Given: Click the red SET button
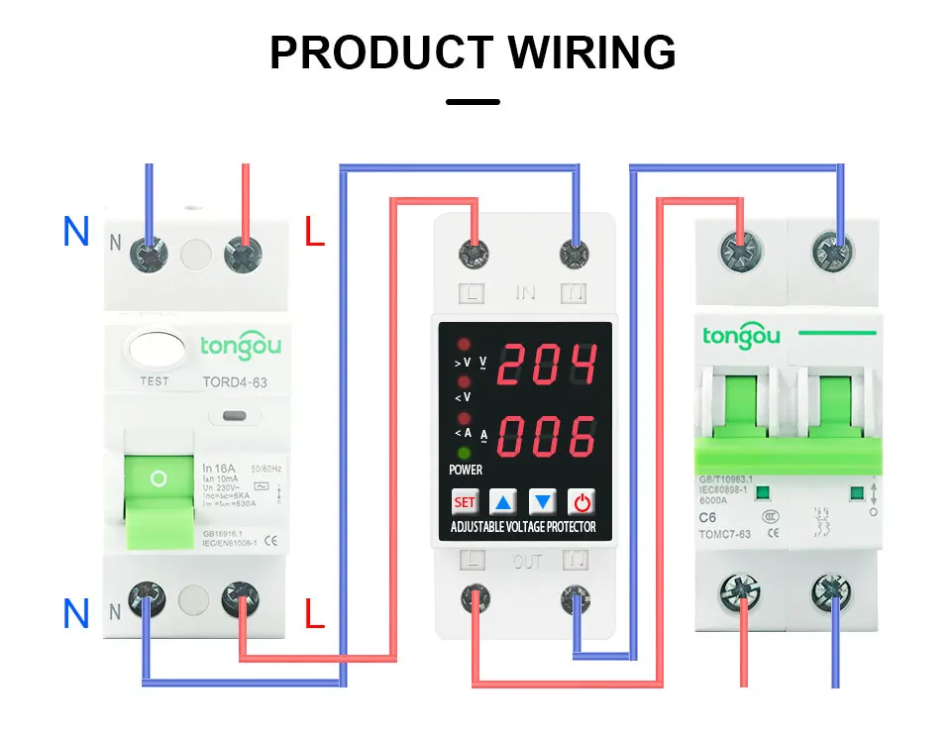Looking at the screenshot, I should pos(464,501).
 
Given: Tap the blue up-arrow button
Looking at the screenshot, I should pos(504,501).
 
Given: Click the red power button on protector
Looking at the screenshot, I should pos(583,501).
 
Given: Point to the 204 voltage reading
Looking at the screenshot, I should pos(546,365).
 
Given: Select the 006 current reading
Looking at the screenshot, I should pos(546,435).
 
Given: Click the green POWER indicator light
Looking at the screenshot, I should pos(464,452).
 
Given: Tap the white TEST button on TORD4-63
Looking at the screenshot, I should pos(153,351).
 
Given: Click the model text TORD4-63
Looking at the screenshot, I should pos(234,381).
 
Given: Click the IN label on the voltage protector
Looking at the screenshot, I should pos(525,293).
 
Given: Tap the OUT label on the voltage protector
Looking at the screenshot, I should pos(527,563).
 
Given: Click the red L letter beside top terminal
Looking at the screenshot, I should pos(314,234).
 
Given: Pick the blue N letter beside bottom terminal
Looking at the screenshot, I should pos(76,614).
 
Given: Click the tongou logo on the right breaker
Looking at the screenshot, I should pos(741,335).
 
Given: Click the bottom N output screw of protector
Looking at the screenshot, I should pos(576,598).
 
